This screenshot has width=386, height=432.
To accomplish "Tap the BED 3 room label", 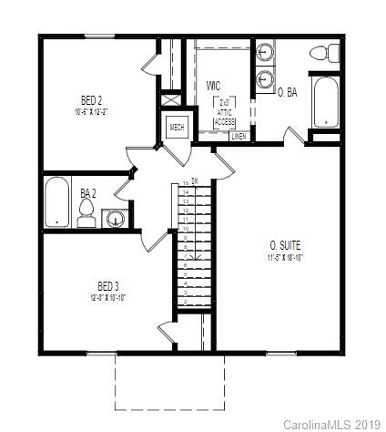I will tap(107, 285).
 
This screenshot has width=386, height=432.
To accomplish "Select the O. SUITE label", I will tap(285, 245).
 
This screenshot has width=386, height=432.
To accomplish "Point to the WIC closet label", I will tap(214, 85).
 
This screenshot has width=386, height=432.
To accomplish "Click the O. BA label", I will tap(288, 93).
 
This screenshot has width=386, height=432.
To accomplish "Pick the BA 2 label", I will tap(87, 193).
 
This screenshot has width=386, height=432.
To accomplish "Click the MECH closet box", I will tap(177, 128).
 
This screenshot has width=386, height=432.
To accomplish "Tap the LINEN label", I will tap(238, 136).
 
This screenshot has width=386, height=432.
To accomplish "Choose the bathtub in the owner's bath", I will tap(325, 102).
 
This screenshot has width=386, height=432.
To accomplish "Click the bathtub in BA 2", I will tap(57, 201).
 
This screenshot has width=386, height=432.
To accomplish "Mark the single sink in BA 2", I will tap(116, 218).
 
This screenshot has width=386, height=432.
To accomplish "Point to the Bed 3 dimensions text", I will tap(107, 297).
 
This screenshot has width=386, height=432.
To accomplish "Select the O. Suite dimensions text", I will tap(285, 258).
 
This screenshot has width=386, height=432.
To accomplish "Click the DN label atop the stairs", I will tap(193, 180).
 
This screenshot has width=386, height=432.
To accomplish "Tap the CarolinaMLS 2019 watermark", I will tap(332, 424).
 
